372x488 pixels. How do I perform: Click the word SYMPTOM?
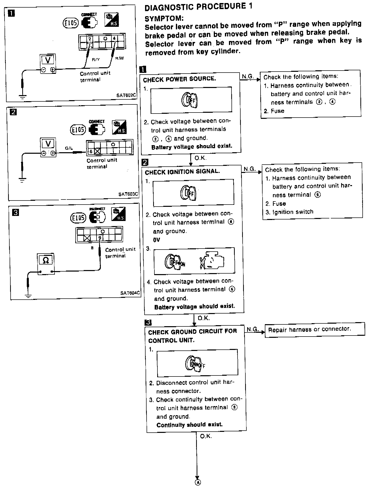[164, 18]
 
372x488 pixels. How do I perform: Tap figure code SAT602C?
[126, 95]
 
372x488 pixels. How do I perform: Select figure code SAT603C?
[128, 194]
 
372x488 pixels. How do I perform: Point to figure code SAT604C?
[130, 293]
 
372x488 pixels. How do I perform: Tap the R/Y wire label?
[96, 60]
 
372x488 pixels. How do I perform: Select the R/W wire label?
[119, 58]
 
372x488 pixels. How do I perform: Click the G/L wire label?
[69, 148]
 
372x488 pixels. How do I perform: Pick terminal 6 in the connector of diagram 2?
[91, 151]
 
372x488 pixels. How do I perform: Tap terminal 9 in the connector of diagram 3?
[100, 238]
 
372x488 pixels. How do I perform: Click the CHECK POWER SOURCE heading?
[179, 79]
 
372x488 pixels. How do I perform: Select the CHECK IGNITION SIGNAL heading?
[182, 172]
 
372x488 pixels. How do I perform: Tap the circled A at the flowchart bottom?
[198, 482]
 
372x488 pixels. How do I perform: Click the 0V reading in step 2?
[156, 240]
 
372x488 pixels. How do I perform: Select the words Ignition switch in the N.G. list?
[293, 212]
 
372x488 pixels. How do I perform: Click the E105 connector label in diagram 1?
[71, 23]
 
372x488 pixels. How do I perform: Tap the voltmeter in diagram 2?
[48, 147]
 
